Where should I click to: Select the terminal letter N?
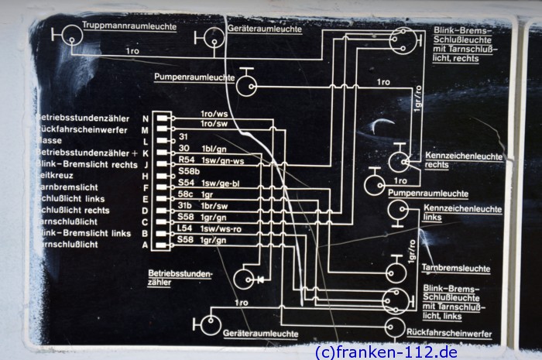click(x=145, y=118)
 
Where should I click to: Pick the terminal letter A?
click(x=145, y=245)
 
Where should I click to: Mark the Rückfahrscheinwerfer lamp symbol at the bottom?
click(x=394, y=328)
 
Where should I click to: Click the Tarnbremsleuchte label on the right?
click(x=456, y=269)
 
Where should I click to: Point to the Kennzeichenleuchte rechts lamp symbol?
click(x=400, y=160)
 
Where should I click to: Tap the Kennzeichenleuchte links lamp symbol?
click(x=399, y=211)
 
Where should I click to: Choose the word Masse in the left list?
click(x=48, y=141)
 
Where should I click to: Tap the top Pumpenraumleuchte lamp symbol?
click(x=246, y=84)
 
